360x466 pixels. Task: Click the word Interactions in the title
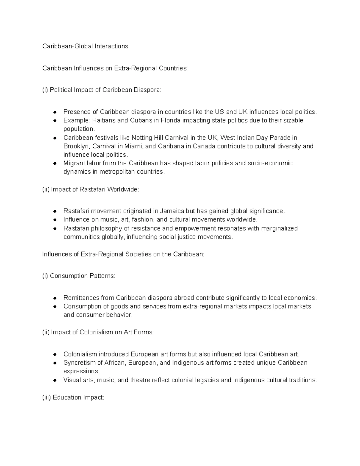coord(111,46)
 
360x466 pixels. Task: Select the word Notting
coord(142,138)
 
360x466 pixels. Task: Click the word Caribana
coord(170,146)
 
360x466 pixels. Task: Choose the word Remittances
coord(81,298)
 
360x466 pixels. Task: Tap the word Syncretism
coord(79,363)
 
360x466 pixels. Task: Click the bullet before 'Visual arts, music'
coord(55,380)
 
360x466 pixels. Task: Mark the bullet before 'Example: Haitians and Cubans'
coord(55,121)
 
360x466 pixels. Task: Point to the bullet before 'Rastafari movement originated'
coord(55,211)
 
